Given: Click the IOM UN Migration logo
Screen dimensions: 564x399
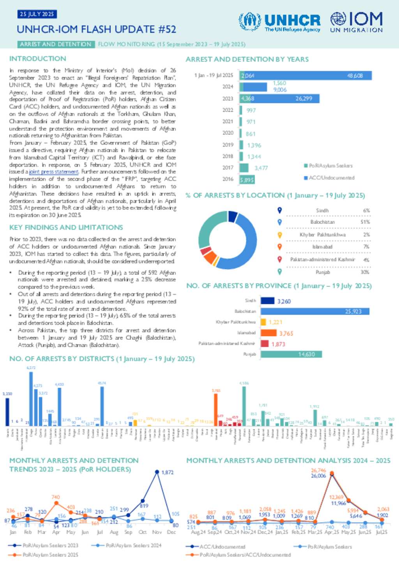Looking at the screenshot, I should [x=356, y=22].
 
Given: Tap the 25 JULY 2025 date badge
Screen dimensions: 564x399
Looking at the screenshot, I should [x=37, y=14].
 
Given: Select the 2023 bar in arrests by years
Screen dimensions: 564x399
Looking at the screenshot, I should [x=280, y=98].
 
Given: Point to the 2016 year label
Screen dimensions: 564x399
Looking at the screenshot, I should [x=228, y=179].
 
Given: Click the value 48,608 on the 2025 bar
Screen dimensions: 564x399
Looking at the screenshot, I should [x=355, y=76].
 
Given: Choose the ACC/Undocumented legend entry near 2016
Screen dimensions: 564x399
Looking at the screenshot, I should [x=329, y=178].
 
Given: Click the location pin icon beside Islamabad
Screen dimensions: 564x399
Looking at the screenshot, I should [x=279, y=246].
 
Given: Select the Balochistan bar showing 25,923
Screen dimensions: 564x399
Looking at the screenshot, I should [x=315, y=311].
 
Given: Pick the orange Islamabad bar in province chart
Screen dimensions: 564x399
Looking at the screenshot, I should [x=268, y=333].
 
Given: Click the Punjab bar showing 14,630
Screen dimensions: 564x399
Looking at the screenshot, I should [x=291, y=354].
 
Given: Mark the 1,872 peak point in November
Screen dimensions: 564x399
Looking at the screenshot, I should [x=157, y=472].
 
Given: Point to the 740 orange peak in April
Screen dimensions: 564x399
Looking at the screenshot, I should [x=56, y=503].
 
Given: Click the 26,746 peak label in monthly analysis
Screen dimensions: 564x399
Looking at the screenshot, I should [x=318, y=470].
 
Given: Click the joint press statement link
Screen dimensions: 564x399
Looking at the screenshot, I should [x=54, y=172].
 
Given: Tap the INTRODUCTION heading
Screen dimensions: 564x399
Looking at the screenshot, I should [x=38, y=59].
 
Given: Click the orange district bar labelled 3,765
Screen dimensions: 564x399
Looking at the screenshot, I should [x=215, y=410].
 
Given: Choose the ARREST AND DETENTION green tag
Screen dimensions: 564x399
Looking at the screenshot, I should [x=56, y=44].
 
